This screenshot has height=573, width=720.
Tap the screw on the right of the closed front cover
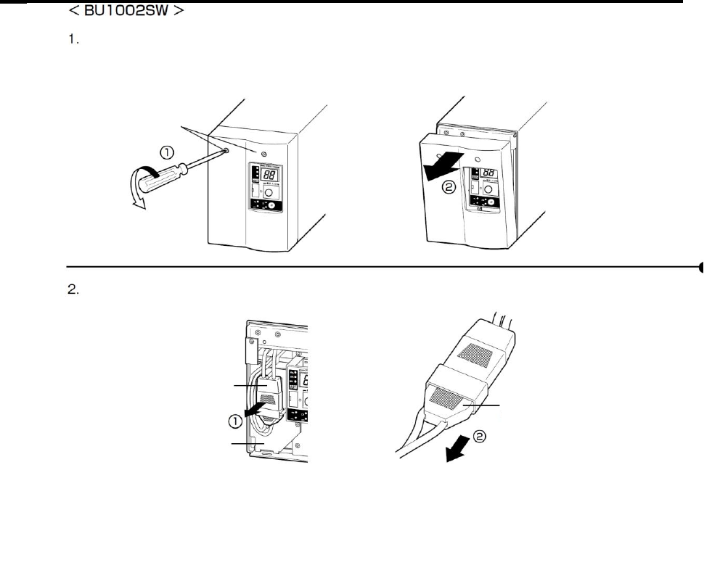point(262,154)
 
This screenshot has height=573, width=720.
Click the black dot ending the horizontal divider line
point(702,266)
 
